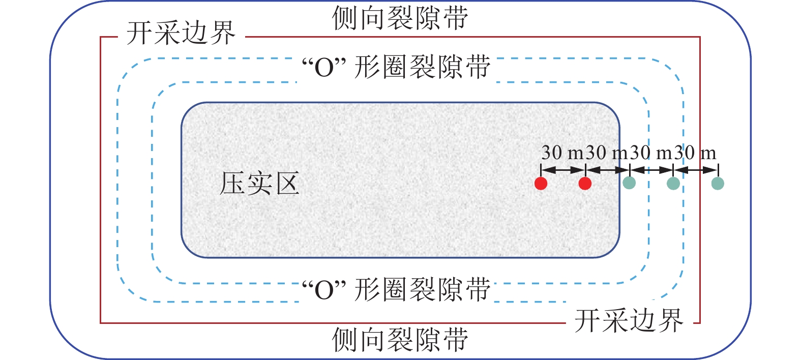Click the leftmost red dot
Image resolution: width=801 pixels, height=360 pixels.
(541, 184)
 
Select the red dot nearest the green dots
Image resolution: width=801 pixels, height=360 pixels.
(585, 184)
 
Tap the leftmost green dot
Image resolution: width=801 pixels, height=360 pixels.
(629, 183)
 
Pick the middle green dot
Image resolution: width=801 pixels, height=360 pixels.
(673, 184)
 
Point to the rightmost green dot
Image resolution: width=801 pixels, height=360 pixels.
(718, 183)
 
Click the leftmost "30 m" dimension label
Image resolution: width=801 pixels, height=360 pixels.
(562, 153)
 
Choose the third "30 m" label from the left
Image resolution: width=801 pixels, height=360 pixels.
(650, 153)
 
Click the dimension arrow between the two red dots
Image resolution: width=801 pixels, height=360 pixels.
(563, 170)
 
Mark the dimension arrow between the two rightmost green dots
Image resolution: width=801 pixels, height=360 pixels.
(696, 170)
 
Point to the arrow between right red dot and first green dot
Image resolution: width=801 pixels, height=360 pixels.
(607, 170)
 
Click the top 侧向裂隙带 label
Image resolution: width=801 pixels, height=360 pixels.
(400, 18)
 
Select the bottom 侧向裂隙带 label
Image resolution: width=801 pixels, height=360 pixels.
(400, 340)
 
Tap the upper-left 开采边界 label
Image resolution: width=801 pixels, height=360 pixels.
(181, 34)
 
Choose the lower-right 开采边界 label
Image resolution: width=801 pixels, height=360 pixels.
(629, 321)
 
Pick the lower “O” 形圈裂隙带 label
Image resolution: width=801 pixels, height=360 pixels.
(396, 290)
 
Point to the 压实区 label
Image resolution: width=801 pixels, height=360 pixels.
(259, 184)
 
